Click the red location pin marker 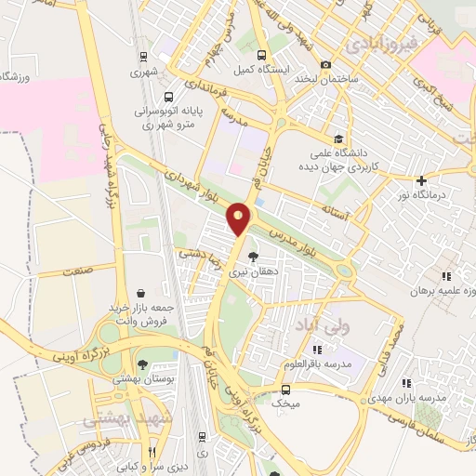point(239,218)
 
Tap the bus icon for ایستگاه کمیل point(261,55)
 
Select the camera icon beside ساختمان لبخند point(325,64)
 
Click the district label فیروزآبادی point(378,44)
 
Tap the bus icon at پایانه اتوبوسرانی point(168,96)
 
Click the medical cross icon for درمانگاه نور point(421,180)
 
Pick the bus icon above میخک point(285,390)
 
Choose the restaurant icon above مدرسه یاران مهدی point(404,382)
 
